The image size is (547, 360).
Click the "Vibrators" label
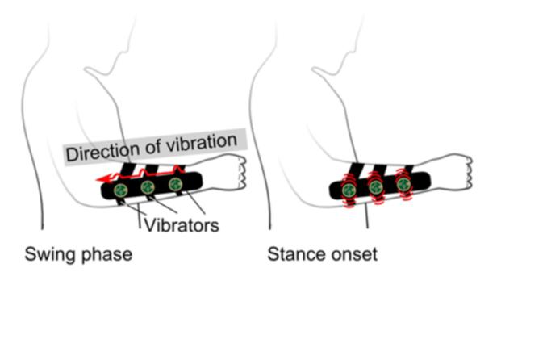tap(181, 225)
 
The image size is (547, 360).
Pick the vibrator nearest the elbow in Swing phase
tap(121, 190)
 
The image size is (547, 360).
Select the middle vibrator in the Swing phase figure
tap(148, 188)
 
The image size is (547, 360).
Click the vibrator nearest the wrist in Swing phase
tap(175, 184)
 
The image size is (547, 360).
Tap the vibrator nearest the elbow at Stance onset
tap(349, 190)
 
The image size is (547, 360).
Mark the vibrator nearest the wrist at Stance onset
tap(403, 184)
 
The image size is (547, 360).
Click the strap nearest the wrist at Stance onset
tap(408, 169)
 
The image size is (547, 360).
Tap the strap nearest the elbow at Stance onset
tap(356, 173)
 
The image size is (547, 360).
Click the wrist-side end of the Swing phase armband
tap(190, 182)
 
